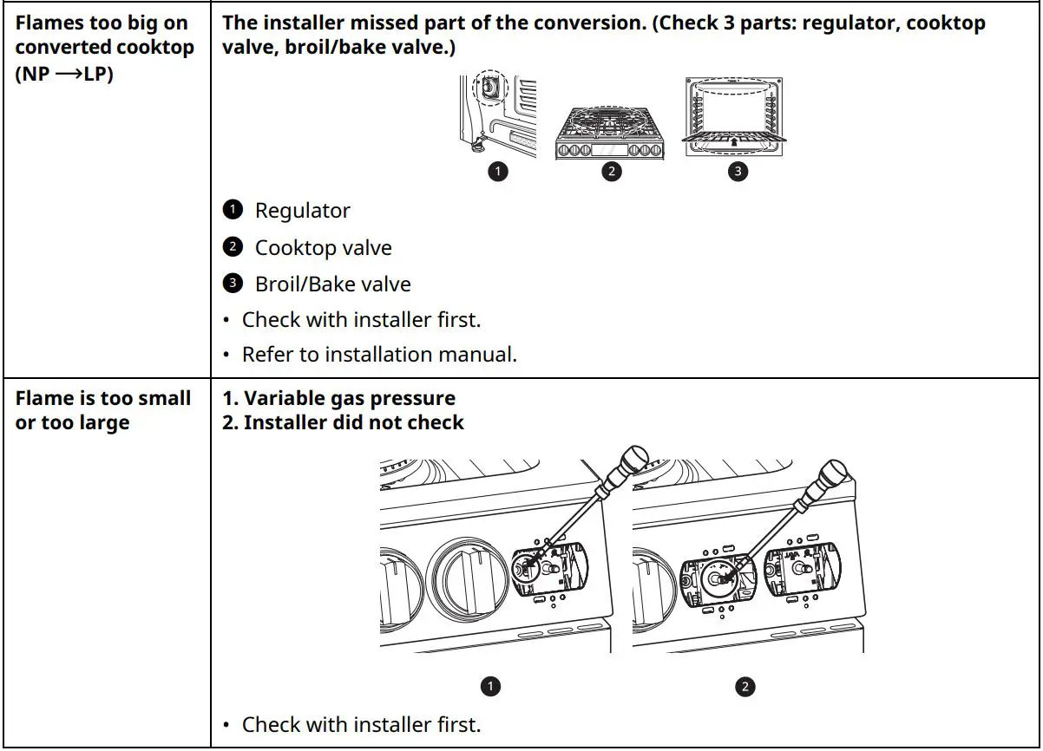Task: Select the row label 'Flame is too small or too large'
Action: click(103, 410)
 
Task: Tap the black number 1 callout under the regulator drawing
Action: click(498, 172)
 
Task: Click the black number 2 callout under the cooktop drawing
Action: click(611, 172)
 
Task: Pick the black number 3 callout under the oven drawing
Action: click(737, 172)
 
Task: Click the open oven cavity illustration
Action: click(736, 114)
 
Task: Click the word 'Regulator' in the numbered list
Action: click(302, 211)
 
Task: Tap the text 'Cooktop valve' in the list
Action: click(323, 248)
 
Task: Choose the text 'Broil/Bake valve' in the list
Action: click(332, 284)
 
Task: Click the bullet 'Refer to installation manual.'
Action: click(378, 355)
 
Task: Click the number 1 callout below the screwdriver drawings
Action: click(490, 687)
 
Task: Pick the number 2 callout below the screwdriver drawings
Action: click(745, 687)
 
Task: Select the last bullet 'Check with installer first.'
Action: click(361, 724)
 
